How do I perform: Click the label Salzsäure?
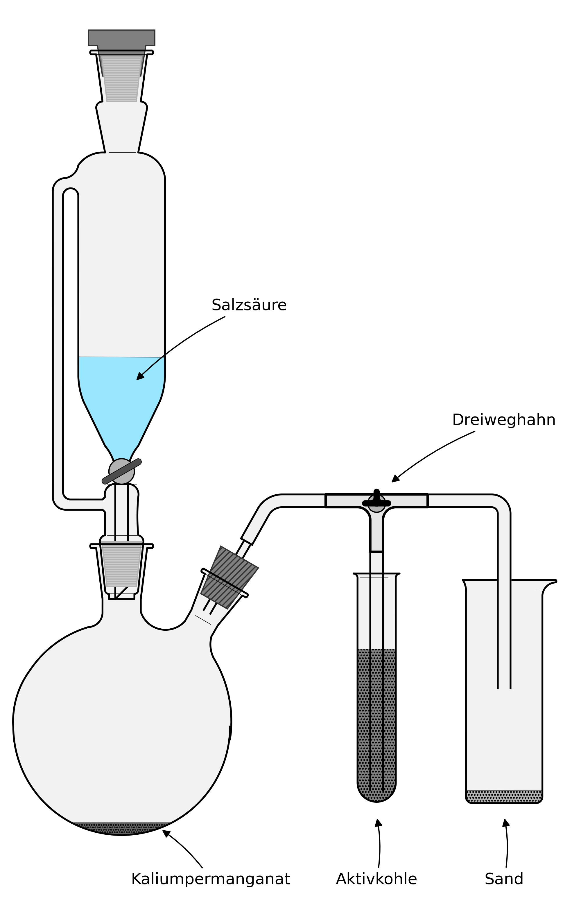[249, 305]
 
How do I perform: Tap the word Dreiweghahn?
[503, 420]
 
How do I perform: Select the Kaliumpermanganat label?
[210, 879]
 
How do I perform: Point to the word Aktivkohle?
[376, 879]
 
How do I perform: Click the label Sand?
[503, 879]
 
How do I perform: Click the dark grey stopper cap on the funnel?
[121, 38]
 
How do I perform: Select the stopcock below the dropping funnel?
[121, 471]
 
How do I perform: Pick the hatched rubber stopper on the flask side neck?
[229, 577]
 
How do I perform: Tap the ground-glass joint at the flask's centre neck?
[121, 566]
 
